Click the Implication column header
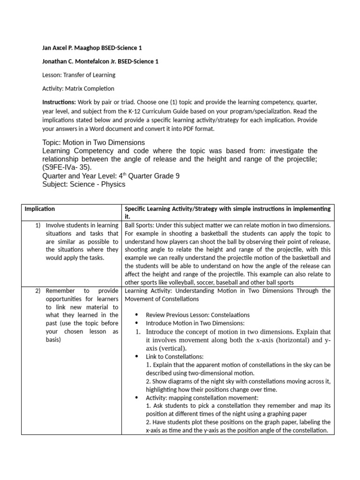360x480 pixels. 40,209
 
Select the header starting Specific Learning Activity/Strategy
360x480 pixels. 227,212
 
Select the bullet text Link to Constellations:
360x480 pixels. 174,357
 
